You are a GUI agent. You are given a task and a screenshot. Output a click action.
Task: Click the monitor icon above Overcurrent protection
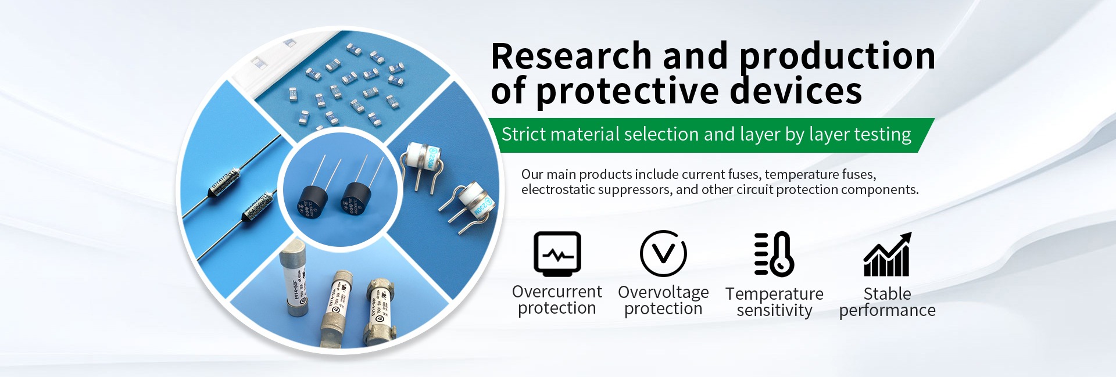(557, 254)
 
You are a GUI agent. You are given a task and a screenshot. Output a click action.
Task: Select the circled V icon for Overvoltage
(663, 253)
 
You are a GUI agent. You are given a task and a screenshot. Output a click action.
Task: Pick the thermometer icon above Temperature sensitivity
(774, 254)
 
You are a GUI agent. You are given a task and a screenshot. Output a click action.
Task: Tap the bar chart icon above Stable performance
(888, 254)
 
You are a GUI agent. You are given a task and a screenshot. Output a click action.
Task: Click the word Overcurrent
(557, 292)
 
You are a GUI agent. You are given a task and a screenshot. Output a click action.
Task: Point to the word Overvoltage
(663, 292)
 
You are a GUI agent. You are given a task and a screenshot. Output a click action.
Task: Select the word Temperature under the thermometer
(774, 295)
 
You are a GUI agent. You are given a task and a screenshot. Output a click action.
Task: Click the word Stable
(888, 293)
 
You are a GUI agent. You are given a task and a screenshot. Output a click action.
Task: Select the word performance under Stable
(887, 311)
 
